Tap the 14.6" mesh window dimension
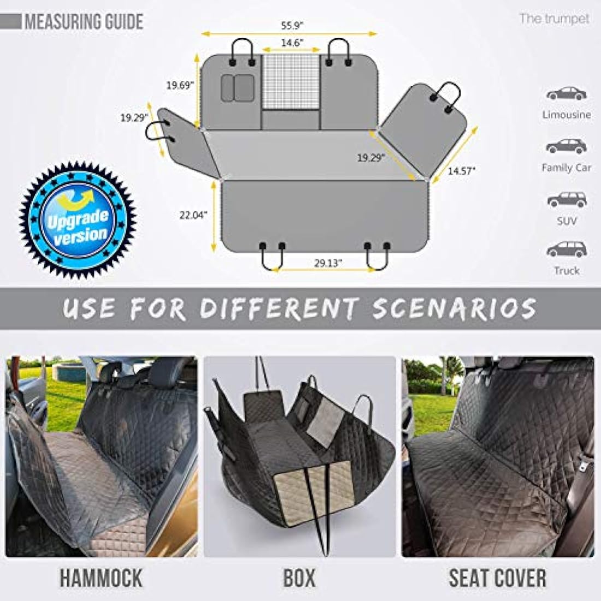pyautogui.click(x=293, y=43)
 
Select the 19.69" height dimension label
pyautogui.click(x=180, y=85)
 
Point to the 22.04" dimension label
pyautogui.click(x=193, y=215)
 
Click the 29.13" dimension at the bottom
pyautogui.click(x=328, y=262)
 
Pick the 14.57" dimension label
pyautogui.click(x=462, y=170)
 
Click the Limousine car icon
pyautogui.click(x=567, y=93)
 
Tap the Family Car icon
pyautogui.click(x=567, y=146)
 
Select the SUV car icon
pyautogui.click(x=567, y=199)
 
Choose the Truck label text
pyautogui.click(x=567, y=270)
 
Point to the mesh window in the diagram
pyautogui.click(x=291, y=81)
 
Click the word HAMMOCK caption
pyautogui.click(x=101, y=578)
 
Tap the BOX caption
pyautogui.click(x=299, y=578)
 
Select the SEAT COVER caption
pyautogui.click(x=497, y=578)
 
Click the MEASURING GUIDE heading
pyautogui.click(x=84, y=22)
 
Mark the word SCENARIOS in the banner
pyautogui.click(x=454, y=309)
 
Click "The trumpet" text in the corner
pyautogui.click(x=554, y=19)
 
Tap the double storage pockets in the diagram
pyautogui.click(x=237, y=87)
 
